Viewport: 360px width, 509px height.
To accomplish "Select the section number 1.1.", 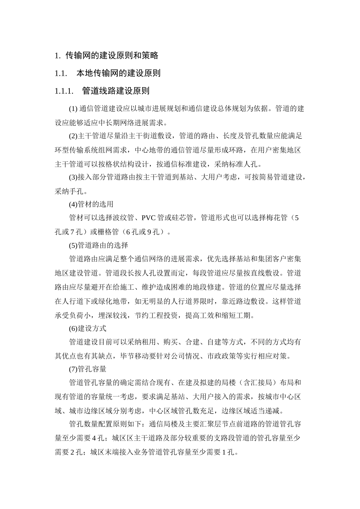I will (x=61, y=73).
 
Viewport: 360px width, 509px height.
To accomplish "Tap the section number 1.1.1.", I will (x=64, y=91).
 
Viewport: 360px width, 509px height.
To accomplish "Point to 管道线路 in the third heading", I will (x=99, y=91).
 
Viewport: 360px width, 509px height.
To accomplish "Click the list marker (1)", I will (x=73, y=109).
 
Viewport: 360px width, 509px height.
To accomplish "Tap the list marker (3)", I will (x=73, y=177).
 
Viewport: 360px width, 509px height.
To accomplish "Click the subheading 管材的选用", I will (x=96, y=205).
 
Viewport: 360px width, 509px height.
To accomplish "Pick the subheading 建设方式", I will (x=92, y=328).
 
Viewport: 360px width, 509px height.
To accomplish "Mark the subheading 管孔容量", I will (x=92, y=368).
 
